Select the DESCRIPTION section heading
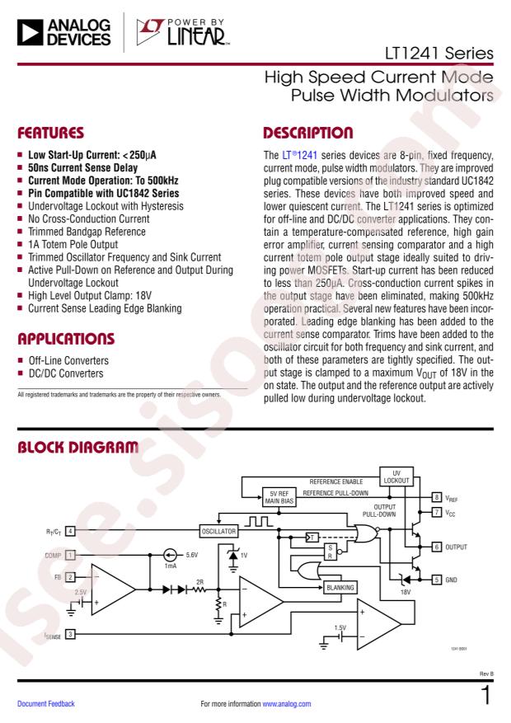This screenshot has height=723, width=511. pos(308,131)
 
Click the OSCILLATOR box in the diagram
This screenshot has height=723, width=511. pos(218,530)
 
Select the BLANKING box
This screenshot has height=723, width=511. pos(340,586)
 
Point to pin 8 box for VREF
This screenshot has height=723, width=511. pos(436,497)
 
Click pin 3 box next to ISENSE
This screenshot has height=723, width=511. pos(70,634)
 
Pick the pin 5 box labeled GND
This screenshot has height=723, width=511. pos(436,580)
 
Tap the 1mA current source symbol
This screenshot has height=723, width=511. pos(171,555)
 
